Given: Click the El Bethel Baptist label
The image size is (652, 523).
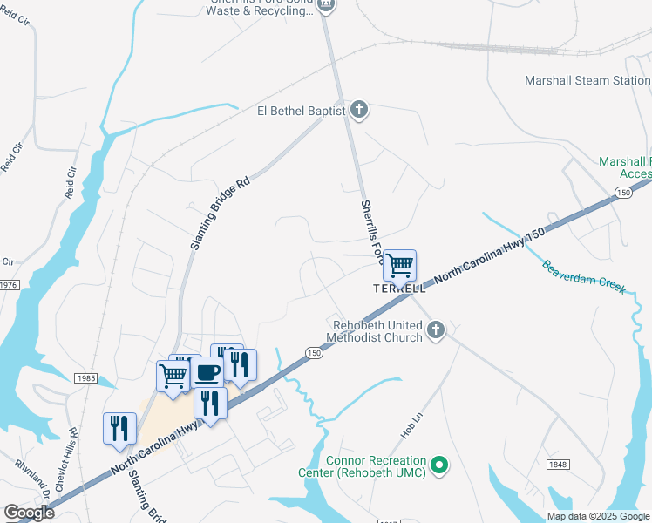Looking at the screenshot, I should [301, 111].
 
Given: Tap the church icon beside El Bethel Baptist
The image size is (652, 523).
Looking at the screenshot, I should [359, 111].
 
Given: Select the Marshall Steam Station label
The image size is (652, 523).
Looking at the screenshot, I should [587, 80].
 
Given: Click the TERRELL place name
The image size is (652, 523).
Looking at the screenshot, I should [399, 288].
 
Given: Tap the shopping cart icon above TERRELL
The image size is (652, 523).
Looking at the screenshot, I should [399, 265].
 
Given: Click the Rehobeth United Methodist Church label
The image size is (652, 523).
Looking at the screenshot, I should [375, 331].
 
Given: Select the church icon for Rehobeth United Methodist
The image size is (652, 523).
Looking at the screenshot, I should [436, 329].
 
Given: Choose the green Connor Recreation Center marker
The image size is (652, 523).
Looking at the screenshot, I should [440, 465].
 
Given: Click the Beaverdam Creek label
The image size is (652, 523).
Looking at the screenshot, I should [584, 276].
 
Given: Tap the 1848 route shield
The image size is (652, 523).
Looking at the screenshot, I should [559, 465].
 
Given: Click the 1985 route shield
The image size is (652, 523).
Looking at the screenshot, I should [85, 377].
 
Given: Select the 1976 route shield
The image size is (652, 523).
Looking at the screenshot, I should [9, 285].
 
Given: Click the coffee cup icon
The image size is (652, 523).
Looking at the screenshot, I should [207, 372].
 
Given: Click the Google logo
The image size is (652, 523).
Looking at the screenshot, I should [29, 513].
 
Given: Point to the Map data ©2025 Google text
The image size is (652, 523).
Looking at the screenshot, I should [598, 516].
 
